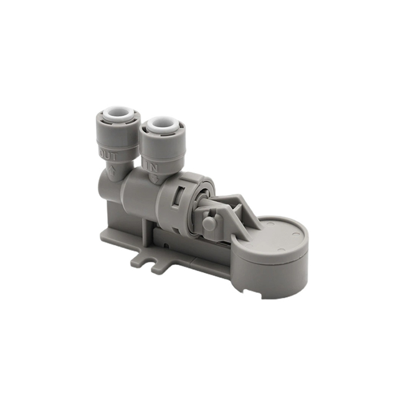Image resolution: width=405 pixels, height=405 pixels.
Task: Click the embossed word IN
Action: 151,165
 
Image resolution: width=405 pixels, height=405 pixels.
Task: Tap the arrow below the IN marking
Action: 153,178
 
